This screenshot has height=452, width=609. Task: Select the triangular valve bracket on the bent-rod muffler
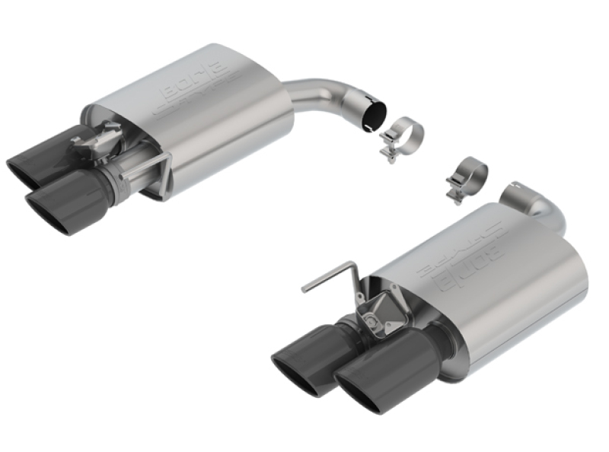377,313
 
